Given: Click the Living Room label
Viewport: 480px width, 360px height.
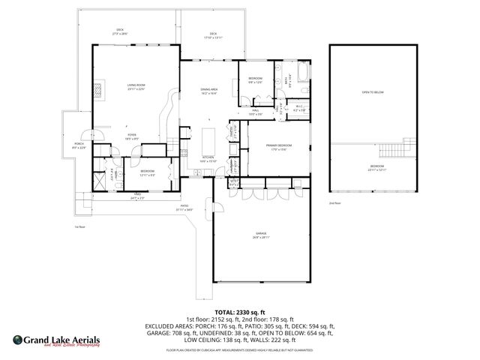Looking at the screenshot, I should point(136,87).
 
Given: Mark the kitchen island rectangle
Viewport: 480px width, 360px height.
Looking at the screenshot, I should point(208,140).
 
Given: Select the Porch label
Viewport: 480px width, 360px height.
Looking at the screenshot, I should point(78,145).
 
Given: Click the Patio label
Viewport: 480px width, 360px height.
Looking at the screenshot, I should point(184,207).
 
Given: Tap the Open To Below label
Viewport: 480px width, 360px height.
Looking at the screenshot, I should point(373,92).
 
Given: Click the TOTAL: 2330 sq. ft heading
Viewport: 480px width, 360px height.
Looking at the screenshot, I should point(240,312).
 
